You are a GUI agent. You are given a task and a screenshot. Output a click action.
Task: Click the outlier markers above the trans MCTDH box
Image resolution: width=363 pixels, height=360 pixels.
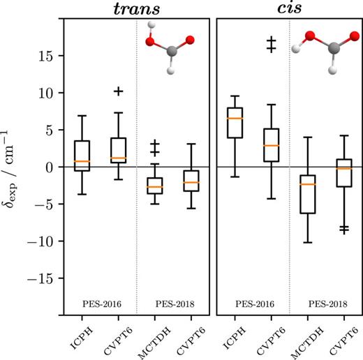click(x=155, y=147)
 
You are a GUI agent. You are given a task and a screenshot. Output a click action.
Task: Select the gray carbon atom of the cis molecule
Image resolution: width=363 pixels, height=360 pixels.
click(x=334, y=48)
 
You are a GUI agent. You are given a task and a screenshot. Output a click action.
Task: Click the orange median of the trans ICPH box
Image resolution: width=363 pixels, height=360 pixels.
click(x=82, y=161)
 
